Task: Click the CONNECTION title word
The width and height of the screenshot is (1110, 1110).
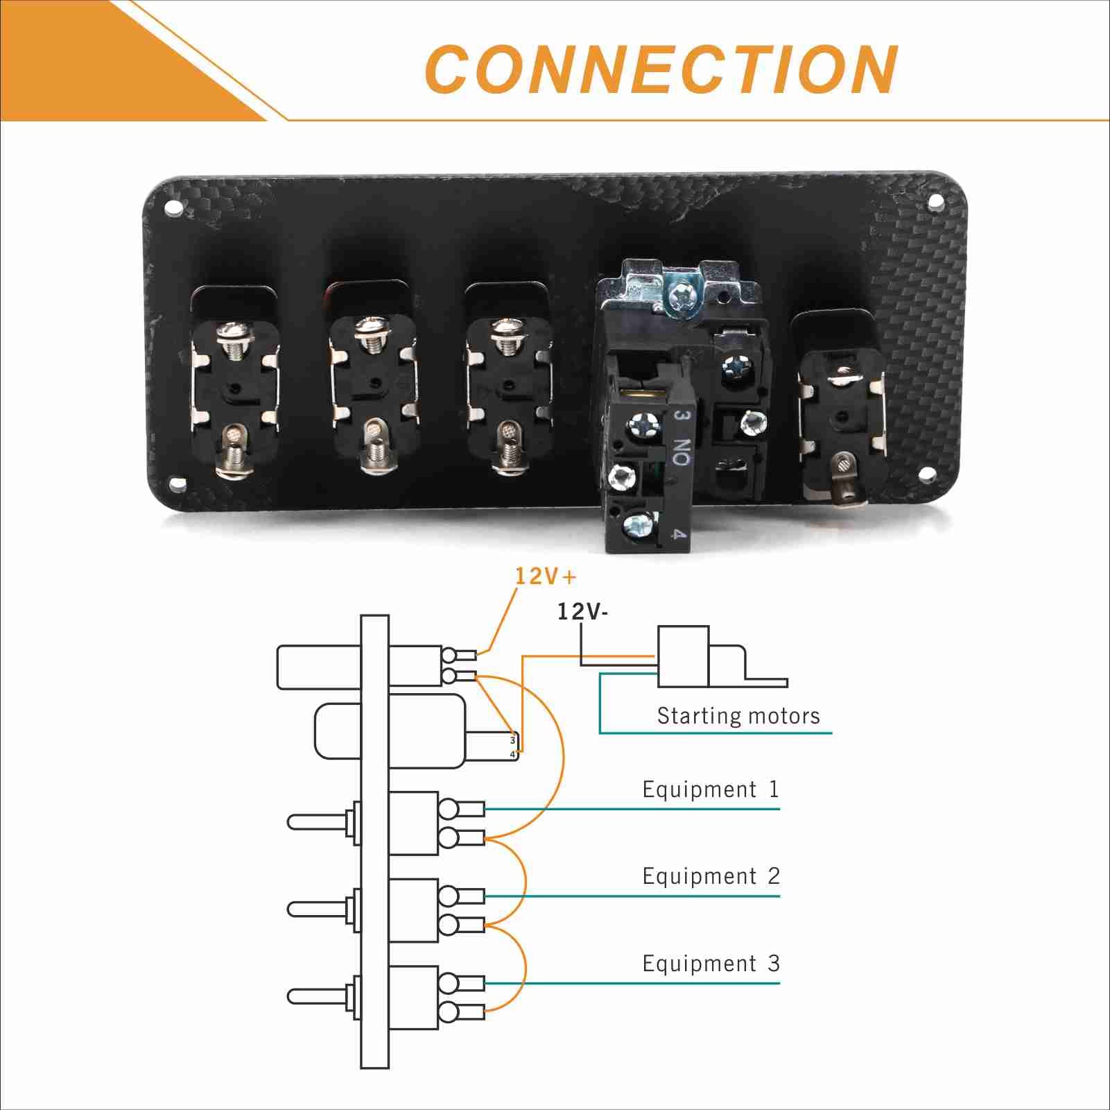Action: click(x=661, y=69)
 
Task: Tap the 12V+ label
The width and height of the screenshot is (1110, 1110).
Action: click(x=545, y=576)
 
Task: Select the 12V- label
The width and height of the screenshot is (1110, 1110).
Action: click(x=582, y=611)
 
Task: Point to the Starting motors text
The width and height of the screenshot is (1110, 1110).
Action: click(x=738, y=715)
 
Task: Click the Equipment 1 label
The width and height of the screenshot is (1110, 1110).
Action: click(x=711, y=789)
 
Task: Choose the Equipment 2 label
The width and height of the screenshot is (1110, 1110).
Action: click(x=711, y=876)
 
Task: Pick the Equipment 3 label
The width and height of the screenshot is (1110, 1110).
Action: click(x=711, y=964)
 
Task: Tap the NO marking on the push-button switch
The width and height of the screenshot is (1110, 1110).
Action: click(x=682, y=452)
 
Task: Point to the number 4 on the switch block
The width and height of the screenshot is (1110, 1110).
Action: click(x=679, y=534)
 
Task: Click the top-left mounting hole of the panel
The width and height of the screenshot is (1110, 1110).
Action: click(x=171, y=207)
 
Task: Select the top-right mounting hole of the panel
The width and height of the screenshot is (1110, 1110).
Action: click(x=935, y=203)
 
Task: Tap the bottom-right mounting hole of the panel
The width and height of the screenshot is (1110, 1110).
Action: click(x=926, y=475)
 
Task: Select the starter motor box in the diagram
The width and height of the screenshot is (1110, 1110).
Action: click(x=683, y=656)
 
